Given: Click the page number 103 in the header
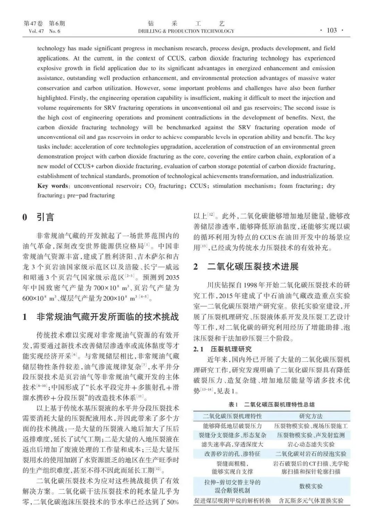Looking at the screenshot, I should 332,31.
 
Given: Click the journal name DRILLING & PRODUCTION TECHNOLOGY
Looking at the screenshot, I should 186,31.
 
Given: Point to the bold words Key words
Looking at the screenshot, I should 52,186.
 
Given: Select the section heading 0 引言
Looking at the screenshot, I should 39,218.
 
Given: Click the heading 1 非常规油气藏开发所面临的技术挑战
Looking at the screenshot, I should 101,317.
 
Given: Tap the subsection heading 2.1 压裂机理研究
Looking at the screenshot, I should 222,349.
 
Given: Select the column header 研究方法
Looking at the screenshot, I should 311,416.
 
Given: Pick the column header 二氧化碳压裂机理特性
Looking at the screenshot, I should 232,416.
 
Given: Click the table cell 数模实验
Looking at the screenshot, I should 311,486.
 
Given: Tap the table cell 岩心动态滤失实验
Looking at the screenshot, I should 311,444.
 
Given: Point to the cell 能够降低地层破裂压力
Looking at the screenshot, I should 232,426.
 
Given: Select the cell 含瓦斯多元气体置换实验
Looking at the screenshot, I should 311,501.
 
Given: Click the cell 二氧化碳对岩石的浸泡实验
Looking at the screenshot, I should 311,454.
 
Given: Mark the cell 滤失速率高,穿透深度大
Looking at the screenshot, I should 232,444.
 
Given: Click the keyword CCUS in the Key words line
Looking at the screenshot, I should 198,186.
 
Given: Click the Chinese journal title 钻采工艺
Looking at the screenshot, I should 186,24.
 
